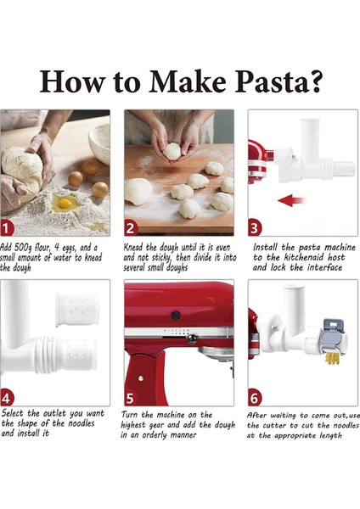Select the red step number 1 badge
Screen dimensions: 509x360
click(8, 228)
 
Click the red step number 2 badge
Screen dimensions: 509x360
click(131, 228)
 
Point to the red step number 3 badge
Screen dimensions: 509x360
click(255, 228)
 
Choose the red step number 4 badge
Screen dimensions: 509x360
click(8, 397)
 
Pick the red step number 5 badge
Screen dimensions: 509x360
click(131, 397)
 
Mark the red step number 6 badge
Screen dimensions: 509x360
click(255, 397)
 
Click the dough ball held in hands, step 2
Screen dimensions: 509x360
click(172, 151)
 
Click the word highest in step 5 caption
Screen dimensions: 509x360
click(147, 424)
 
